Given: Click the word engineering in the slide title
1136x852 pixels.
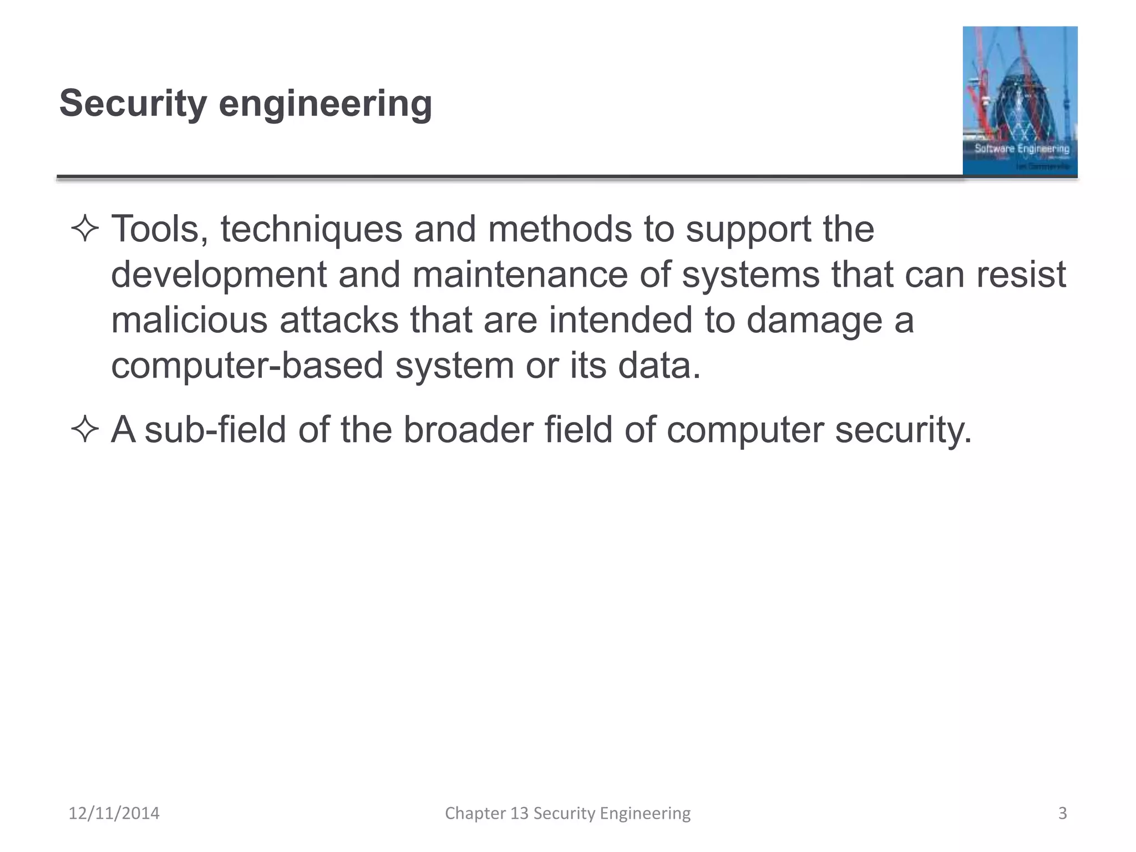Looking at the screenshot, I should [x=325, y=104].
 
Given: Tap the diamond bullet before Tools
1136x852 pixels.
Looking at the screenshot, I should [x=85, y=229].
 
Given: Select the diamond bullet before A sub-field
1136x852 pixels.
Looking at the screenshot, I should [x=85, y=429].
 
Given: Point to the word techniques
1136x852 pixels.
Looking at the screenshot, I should [x=311, y=229].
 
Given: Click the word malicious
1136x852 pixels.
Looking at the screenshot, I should [x=189, y=320].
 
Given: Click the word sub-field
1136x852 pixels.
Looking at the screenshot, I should [x=215, y=429].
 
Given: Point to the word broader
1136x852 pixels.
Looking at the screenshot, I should [x=468, y=429].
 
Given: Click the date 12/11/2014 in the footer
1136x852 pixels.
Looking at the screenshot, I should [x=114, y=813].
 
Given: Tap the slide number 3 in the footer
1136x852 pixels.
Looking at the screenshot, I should [x=1062, y=813].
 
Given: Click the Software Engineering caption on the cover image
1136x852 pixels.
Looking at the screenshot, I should [x=1022, y=148].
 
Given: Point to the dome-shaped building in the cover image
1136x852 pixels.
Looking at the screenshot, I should [x=1024, y=100].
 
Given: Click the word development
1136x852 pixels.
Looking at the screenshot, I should [x=219, y=275].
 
